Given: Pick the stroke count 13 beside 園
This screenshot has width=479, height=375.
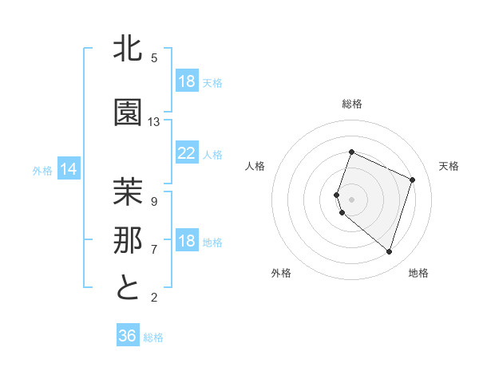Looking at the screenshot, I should point(154,122).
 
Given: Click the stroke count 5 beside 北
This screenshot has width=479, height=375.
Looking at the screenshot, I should point(154,58).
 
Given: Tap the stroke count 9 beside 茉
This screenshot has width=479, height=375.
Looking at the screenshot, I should point(154,201).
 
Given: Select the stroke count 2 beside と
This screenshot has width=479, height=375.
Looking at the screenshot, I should point(154,298).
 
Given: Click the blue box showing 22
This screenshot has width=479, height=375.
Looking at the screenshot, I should point(187,153).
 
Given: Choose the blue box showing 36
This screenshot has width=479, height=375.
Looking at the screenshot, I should point(128,336).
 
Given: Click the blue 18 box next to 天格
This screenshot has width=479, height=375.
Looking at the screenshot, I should point(187,81).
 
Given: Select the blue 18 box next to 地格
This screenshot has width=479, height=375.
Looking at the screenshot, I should point(187,242).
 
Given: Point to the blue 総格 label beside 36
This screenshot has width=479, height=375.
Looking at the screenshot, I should point(154,337).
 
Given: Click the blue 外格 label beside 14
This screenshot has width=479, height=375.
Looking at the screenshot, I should point(42,170).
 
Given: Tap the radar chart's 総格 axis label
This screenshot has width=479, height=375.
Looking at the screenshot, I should point(351,104).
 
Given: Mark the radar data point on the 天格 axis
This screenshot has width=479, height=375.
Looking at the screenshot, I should point(413,180).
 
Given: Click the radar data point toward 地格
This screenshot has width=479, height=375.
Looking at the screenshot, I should point(389,252).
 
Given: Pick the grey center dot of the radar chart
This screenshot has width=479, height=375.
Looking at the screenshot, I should point(351,199).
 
